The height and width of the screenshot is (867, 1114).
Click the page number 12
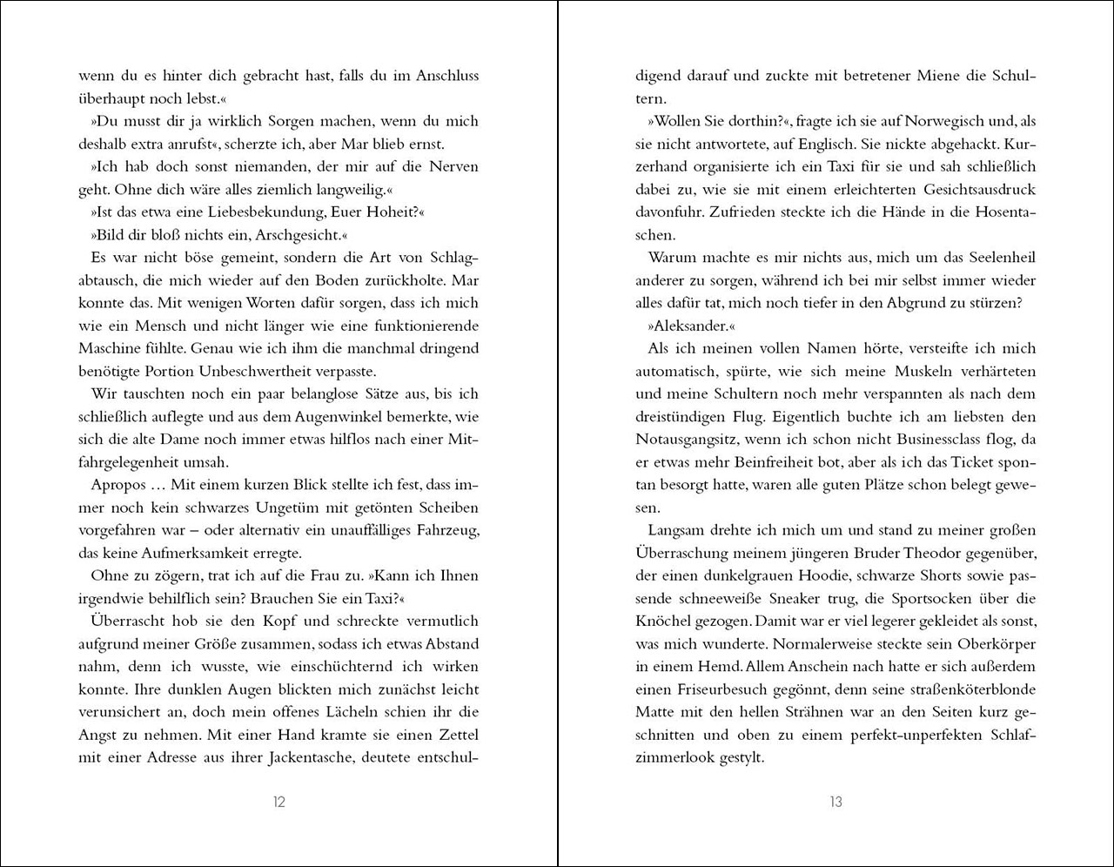tap(279, 802)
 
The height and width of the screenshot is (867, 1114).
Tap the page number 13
tap(835, 802)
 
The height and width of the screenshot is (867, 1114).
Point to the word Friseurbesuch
tap(721, 689)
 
